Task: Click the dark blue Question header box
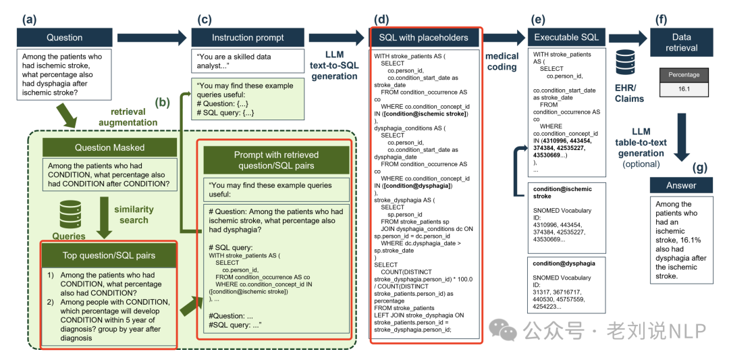point(65,37)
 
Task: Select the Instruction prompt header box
point(248,37)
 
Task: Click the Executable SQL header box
point(562,37)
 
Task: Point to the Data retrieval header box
point(681,42)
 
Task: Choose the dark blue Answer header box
point(681,185)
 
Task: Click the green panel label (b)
point(163,103)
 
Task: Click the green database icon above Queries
point(70,215)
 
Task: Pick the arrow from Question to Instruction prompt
point(151,37)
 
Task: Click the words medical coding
point(502,61)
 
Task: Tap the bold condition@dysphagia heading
point(564,263)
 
